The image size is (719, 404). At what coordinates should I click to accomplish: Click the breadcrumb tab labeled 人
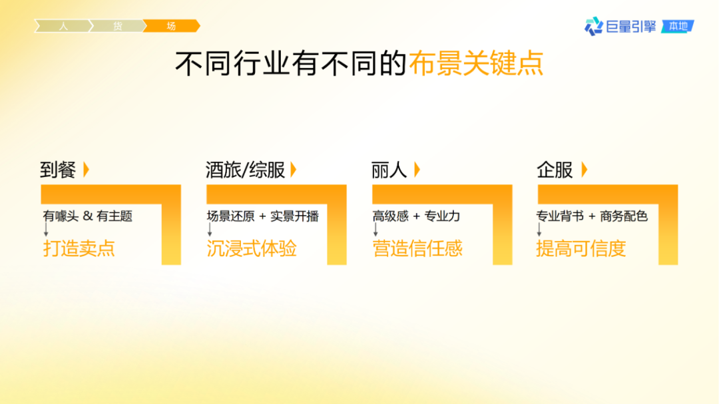point(63,26)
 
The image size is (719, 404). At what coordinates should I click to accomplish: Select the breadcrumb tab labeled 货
point(117,26)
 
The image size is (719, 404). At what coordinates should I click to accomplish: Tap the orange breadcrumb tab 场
point(171,26)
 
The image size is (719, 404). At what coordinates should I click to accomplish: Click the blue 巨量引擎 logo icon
point(593,26)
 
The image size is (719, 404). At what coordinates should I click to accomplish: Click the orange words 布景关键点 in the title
point(476,64)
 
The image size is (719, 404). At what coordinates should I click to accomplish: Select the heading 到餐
point(58,170)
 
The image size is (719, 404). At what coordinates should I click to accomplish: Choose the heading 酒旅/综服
point(245,170)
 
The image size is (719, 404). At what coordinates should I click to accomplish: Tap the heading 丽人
point(389,170)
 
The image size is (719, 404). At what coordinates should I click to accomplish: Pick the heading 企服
point(555,170)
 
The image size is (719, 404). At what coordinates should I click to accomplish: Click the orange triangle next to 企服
point(585,170)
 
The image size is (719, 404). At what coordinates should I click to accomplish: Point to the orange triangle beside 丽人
point(417,170)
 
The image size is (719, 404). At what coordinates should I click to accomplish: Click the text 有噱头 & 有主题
point(87,216)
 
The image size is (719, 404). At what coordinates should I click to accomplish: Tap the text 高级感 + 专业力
point(416,216)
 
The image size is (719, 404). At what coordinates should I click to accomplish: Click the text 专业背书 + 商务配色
point(592,216)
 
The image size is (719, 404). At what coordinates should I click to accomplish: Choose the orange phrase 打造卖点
point(79,249)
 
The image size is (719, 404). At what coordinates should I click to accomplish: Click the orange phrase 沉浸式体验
point(252,249)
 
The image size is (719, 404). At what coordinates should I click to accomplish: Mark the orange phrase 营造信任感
point(417,249)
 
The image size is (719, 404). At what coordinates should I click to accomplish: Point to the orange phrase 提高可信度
point(581,249)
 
